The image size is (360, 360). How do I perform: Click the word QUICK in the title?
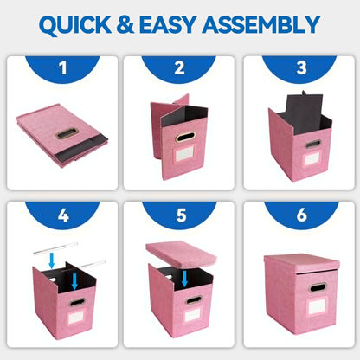tap(75, 25)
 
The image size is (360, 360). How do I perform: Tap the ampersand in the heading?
tap(125, 25)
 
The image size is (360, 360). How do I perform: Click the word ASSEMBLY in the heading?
tap(261, 25)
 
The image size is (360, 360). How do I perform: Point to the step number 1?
tap(62, 68)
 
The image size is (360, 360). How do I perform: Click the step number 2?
tap(179, 68)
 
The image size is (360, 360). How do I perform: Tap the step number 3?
tap(301, 68)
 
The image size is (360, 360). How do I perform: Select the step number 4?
tap(63, 215)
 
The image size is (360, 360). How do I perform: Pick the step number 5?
tap(181, 215)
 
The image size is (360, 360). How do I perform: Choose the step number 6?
tap(301, 215)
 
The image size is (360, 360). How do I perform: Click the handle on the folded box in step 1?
tap(67, 134)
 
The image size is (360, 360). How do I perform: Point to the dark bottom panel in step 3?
tap(304, 113)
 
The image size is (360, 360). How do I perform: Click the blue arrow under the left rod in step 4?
tap(52, 260)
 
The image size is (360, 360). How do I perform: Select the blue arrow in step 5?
tap(184, 279)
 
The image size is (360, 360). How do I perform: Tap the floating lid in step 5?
tap(181, 254)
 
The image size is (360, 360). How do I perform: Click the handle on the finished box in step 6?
tap(318, 287)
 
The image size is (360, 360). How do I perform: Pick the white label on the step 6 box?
tap(317, 306)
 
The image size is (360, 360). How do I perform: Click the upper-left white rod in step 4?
tap(55, 248)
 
